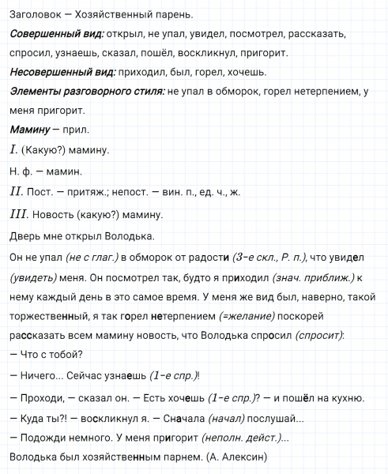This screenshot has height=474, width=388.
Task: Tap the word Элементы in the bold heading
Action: coord(36,91)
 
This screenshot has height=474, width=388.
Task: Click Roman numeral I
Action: coord(14,149)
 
